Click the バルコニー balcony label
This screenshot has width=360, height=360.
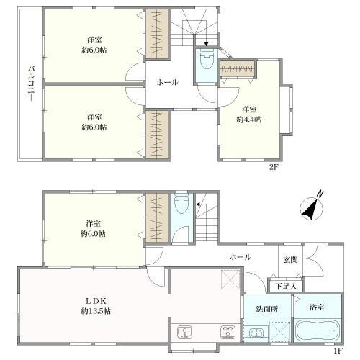coord(31,84)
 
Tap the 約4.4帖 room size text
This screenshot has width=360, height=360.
coord(249,120)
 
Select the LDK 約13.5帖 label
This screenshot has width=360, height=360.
coord(96,306)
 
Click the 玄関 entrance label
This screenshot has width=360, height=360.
coord(291,260)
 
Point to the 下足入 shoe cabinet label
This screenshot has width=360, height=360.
coord(286,286)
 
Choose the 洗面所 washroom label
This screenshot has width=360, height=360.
coord(267,309)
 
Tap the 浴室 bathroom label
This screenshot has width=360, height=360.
coord(317,307)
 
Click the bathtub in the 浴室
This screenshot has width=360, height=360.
coord(318,330)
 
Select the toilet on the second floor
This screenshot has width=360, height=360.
coord(206,60)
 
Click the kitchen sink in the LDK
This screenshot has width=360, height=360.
coord(184,333)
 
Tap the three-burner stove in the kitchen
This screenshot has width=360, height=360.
coord(228,332)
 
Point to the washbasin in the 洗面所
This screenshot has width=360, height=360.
coord(256,333)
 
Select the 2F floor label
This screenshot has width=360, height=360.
coord(273,167)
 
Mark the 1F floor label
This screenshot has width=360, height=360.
coord(338,351)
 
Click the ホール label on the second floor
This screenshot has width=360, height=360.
coord(167,82)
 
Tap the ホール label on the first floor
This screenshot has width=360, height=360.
coord(240,257)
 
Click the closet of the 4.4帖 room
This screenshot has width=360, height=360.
coord(238,70)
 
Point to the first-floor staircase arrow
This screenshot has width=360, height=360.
coord(200,204)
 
